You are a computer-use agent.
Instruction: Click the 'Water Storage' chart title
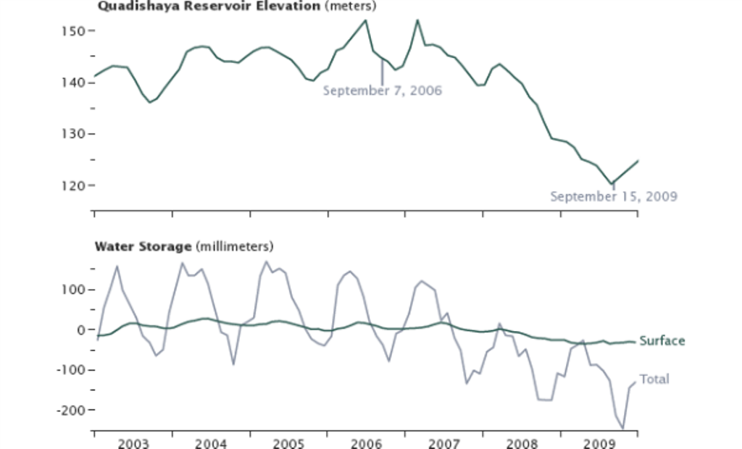point(143,246)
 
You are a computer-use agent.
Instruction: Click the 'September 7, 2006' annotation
point(382,91)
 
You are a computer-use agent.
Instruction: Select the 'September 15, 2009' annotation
point(613,196)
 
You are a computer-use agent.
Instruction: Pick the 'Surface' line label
point(662,341)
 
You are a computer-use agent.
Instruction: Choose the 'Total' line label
point(654,379)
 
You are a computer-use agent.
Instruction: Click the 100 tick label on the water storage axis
point(77,290)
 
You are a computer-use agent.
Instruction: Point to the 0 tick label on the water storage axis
point(82,330)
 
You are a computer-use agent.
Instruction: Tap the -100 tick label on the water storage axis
point(75,369)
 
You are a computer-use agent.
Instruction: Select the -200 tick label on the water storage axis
point(75,410)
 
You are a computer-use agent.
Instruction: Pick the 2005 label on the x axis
point(288,442)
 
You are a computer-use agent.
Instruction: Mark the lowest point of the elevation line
point(612,184)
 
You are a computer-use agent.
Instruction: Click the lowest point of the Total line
point(622,429)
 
